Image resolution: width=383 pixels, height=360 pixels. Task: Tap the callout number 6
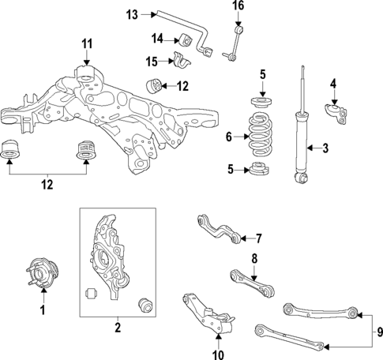(228, 137)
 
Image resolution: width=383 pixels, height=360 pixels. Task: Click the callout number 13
(131, 13)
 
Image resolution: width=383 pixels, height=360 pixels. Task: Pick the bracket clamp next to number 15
(182, 60)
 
